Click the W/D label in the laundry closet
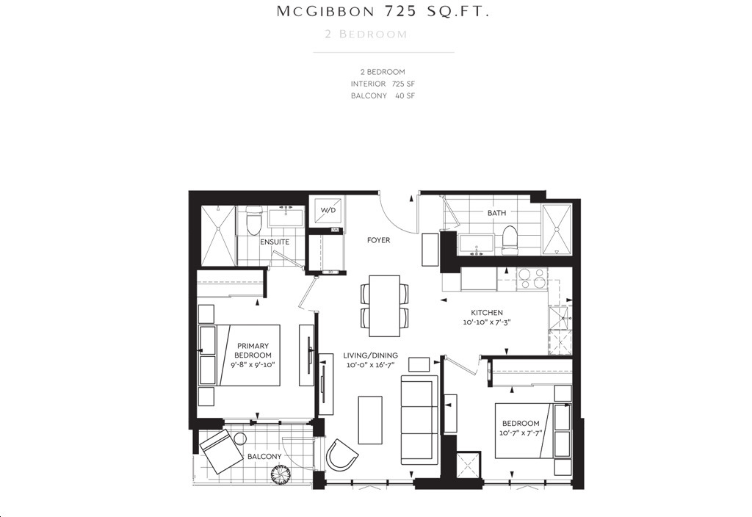tap(328, 211)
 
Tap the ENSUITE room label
tap(275, 242)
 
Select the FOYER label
tap(378, 240)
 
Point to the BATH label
tap(496, 212)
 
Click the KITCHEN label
tap(487, 313)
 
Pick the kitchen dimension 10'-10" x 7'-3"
tap(487, 322)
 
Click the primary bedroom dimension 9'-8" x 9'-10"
tap(253, 364)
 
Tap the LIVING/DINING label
tap(370, 355)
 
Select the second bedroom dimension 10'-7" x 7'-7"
tap(521, 433)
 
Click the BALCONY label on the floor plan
tap(264, 457)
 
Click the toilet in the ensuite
tap(253, 221)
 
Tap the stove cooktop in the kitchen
tap(532, 278)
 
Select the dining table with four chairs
tap(384, 306)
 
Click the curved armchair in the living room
tap(341, 454)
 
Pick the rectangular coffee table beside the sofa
tap(370, 420)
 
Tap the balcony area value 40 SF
tap(405, 95)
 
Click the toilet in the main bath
tap(510, 241)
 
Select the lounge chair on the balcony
tap(221, 452)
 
